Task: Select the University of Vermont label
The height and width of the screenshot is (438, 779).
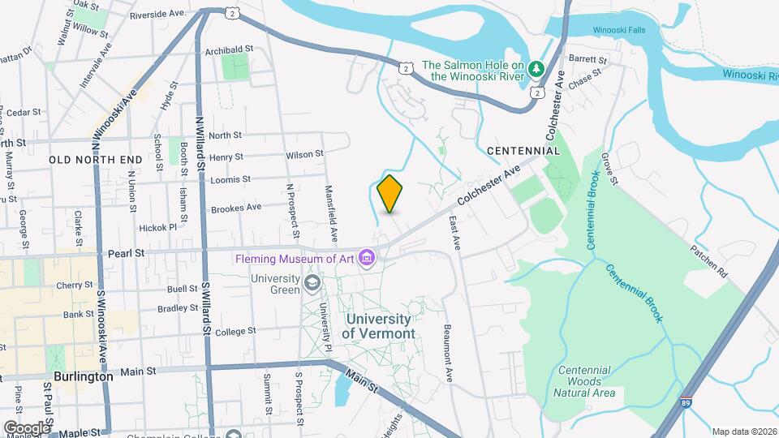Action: click(x=378, y=326)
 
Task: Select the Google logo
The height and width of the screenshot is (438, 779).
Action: click(x=26, y=427)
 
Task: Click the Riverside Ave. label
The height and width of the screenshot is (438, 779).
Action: click(x=157, y=14)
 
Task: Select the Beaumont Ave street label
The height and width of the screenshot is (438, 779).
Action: click(x=447, y=354)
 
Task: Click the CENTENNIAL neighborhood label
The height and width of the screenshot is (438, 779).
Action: click(x=523, y=151)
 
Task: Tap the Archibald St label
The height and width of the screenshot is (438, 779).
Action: click(x=230, y=49)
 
